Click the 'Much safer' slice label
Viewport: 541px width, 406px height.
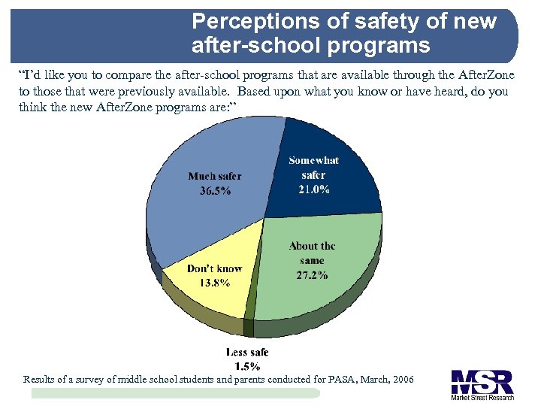tap(215, 176)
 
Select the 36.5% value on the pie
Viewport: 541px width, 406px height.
tap(215, 191)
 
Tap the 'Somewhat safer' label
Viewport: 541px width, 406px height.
tap(314, 168)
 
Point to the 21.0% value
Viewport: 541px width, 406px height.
tap(314, 189)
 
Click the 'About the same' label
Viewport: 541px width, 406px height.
tap(312, 253)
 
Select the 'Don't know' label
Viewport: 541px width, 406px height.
tap(214, 268)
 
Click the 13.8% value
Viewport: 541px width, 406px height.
tap(215, 283)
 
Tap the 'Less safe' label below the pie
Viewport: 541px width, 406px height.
tap(247, 352)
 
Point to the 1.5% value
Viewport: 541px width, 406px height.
tap(247, 366)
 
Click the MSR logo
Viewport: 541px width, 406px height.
tap(482, 381)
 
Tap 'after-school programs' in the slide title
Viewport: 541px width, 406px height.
tap(310, 46)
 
